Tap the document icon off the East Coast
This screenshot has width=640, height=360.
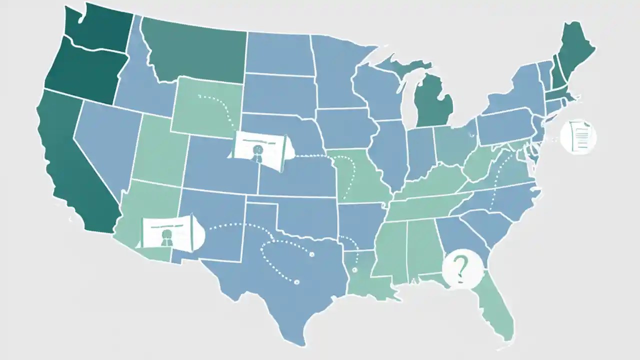578,135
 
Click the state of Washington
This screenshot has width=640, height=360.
95,27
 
